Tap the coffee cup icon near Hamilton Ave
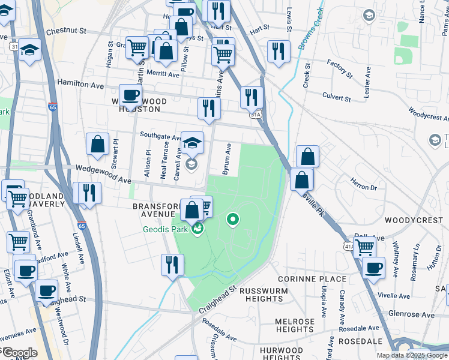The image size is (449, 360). tap(130, 95)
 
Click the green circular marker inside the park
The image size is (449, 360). tap(233, 220)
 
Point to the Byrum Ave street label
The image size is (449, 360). tap(228, 159)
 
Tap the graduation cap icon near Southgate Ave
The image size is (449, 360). tap(192, 143)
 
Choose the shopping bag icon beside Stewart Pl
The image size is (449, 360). tap(97, 144)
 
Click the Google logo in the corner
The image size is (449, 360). tap(19, 353)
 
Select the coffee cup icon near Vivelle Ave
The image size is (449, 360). tap(373, 268)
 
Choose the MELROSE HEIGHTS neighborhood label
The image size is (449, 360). tap(294, 326)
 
